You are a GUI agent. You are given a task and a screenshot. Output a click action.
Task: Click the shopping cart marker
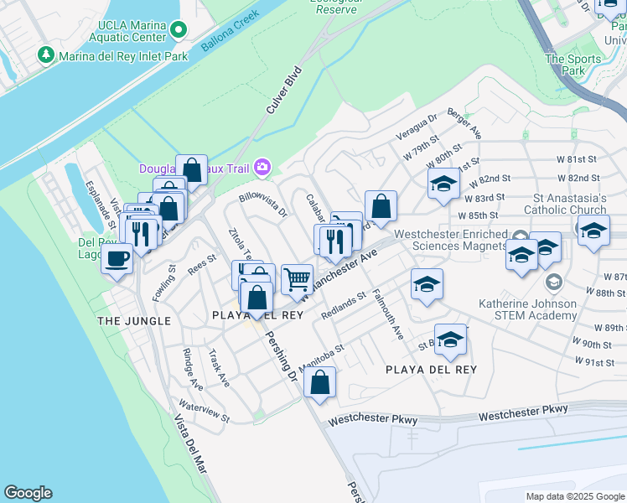(297, 279)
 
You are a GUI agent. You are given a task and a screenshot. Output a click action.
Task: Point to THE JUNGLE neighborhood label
(134, 321)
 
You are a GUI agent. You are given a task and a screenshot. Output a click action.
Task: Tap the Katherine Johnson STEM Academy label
(527, 309)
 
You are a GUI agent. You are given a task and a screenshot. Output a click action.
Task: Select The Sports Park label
(573, 65)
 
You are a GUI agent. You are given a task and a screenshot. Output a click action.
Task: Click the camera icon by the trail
(263, 168)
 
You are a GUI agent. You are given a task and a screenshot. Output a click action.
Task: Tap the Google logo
(28, 493)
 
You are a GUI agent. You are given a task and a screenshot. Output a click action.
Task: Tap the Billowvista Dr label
(262, 205)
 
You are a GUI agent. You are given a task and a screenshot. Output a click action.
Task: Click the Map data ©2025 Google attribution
(574, 496)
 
